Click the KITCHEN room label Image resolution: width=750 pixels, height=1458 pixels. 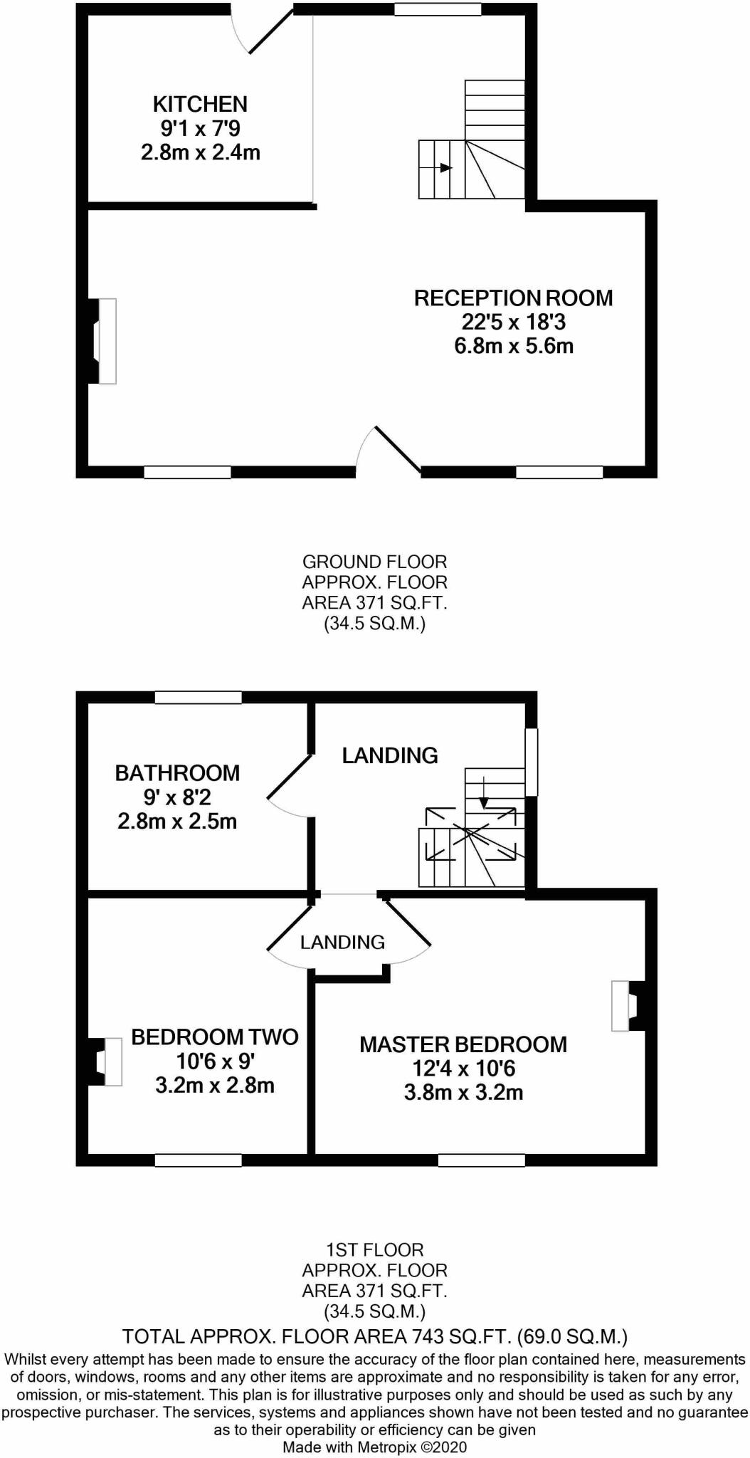click(x=200, y=104)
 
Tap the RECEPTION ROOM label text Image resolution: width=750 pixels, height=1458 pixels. click(x=513, y=298)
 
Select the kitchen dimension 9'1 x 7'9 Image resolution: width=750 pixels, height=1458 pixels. click(x=200, y=128)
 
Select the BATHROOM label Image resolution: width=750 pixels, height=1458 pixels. click(x=177, y=772)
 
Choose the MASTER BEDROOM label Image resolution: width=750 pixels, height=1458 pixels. click(x=463, y=1044)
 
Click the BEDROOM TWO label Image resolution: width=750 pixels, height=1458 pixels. click(x=214, y=1037)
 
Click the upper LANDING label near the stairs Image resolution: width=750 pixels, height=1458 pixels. click(x=390, y=755)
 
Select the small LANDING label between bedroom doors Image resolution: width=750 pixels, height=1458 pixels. click(x=342, y=942)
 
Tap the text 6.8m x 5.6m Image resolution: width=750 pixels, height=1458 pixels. click(x=513, y=347)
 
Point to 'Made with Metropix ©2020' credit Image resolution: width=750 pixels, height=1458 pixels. click(x=374, y=1447)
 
